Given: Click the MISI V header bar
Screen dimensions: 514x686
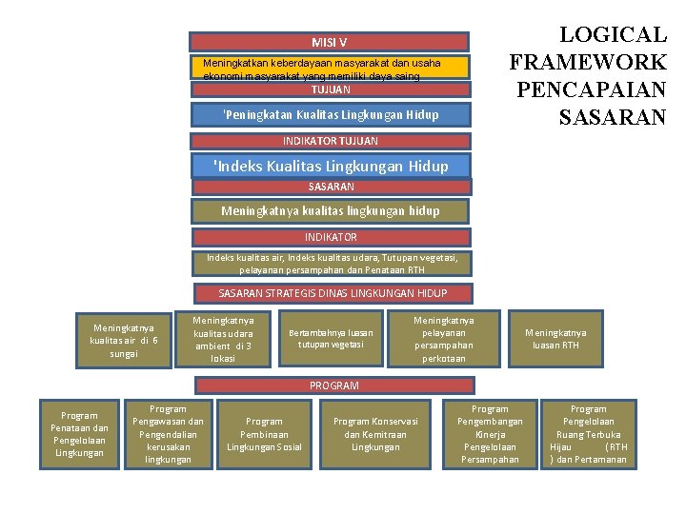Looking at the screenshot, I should (330, 42).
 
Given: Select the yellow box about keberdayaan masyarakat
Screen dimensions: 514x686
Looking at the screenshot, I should (330, 68).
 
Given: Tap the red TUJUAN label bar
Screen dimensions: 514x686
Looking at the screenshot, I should (330, 89).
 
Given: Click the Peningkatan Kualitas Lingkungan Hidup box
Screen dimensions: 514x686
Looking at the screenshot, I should (330, 114).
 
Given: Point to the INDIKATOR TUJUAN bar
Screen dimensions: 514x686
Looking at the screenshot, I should (330, 141).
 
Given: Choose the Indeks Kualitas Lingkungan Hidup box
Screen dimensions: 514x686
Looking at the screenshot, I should (332, 166).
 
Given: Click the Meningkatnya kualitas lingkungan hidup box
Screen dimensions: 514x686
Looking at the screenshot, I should (330, 210).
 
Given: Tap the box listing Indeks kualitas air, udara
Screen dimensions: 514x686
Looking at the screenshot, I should (332, 263).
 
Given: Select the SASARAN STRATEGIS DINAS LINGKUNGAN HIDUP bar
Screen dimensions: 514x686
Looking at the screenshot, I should (332, 293).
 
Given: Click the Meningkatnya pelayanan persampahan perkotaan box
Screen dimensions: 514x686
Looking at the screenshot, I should (443, 340).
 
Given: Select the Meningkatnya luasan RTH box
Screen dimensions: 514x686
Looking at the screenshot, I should (556, 339).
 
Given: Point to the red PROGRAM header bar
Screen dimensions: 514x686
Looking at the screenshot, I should (333, 385).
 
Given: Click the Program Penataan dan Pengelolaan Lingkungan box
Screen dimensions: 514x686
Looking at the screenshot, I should (79, 434).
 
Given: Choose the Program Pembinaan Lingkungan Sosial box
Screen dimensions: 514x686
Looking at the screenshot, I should (264, 434).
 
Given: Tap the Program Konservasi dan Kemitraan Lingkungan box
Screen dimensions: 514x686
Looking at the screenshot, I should (375, 434).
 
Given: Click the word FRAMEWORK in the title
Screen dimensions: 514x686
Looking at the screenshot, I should (588, 63).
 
